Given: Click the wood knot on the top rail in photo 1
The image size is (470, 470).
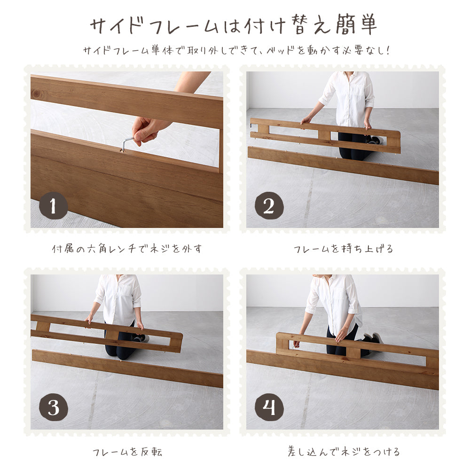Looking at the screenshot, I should point(37,94).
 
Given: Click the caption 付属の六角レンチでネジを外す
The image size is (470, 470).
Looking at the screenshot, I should point(127,249).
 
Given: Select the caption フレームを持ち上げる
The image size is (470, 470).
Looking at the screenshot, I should point(343,249).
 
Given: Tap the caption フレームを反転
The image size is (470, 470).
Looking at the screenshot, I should point(127,452).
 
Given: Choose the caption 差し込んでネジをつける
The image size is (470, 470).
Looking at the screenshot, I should point(343,452).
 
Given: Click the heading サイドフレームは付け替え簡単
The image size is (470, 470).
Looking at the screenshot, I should point(234,26).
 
